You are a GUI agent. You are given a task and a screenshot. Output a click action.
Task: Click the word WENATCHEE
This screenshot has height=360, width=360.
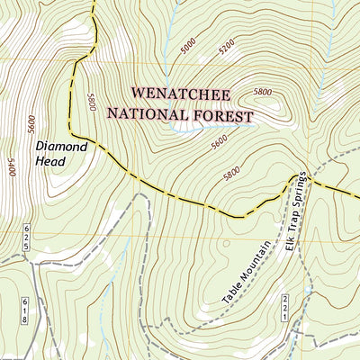[181, 94]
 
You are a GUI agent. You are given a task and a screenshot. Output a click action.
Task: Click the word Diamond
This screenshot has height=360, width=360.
[61, 145]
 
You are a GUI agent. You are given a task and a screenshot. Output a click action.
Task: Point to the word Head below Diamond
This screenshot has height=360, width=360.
[52, 162]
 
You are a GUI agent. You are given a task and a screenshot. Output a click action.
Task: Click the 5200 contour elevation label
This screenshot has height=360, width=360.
[226, 42]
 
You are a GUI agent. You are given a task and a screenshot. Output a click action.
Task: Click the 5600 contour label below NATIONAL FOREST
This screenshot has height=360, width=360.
[219, 142]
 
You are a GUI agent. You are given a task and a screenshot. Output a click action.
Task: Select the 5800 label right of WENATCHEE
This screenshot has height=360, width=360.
[263, 92]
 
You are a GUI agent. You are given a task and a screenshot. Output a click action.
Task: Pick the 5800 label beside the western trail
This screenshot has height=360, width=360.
[90, 103]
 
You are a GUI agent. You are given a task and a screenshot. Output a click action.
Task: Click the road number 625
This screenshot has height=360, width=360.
[27, 238]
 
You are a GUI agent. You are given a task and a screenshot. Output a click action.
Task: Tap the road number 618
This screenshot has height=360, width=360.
[26, 309]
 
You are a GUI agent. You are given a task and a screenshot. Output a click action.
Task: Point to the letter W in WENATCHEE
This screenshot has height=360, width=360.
[138, 94]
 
